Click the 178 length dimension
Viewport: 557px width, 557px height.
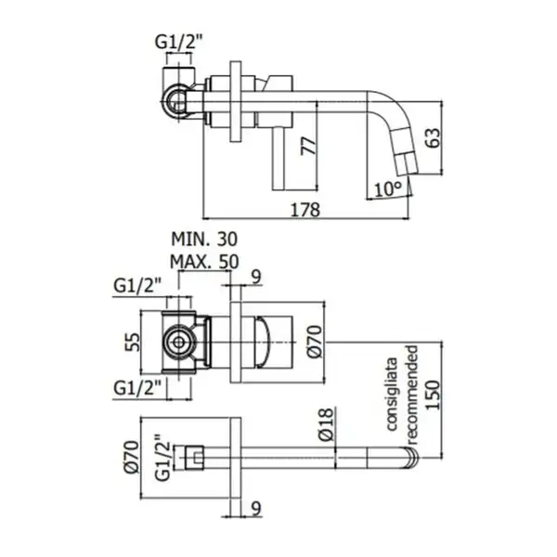305,210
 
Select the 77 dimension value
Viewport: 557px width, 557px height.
308,146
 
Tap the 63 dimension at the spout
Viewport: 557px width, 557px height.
433,137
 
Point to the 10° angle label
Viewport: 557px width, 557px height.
388,188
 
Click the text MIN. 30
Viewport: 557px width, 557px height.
204,240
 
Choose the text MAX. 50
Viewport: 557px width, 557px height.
204,262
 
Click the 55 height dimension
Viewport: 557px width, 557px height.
133,342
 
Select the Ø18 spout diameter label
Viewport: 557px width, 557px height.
326,424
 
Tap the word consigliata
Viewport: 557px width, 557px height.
392,394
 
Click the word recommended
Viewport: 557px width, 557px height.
413,394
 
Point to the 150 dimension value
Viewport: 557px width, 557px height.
433,395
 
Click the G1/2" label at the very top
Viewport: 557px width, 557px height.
178,43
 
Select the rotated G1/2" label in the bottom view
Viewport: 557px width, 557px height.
162,458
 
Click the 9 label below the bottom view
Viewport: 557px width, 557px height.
256,509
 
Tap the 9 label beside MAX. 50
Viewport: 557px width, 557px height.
256,277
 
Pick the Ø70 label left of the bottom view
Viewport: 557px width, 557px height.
131,457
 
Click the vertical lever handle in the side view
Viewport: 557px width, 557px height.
278,159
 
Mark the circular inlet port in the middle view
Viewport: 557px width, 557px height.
178,343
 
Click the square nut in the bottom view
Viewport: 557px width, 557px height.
194,457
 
